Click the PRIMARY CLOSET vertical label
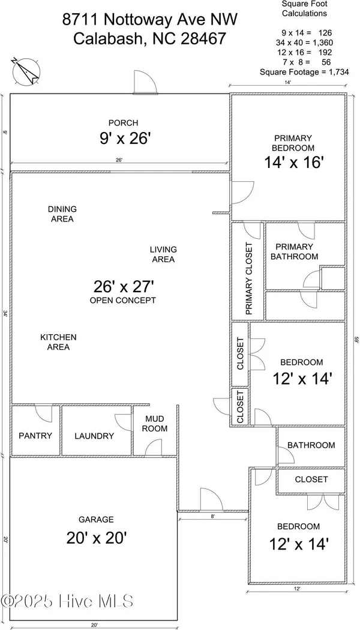(249, 279)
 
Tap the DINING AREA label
(62, 214)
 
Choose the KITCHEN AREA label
(59, 342)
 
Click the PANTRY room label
(35, 436)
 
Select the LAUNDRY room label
(94, 436)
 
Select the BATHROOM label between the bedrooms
(311, 445)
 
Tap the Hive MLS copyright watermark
(67, 601)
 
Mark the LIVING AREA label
(163, 254)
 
